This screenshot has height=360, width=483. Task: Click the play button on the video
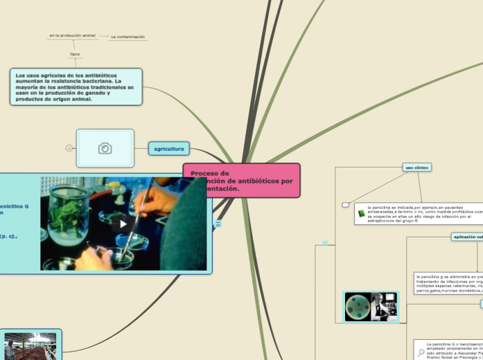123,224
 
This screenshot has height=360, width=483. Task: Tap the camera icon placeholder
105,148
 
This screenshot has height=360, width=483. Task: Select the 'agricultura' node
168,148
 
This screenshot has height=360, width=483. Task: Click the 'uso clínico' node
417,167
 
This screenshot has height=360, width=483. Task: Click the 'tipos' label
75,54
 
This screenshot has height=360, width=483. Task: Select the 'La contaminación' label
128,37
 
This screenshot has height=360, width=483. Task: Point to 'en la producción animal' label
72,35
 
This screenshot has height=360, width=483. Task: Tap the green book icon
361,213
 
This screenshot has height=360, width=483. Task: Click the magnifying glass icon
421,352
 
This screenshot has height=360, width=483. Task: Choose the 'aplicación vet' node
467,237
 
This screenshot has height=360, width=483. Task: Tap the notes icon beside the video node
218,224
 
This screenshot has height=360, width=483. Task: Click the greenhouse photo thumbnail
20,346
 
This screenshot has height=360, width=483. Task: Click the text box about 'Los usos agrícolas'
76,87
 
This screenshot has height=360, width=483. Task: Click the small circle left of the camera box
69,148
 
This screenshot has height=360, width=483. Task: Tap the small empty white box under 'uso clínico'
345,205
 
